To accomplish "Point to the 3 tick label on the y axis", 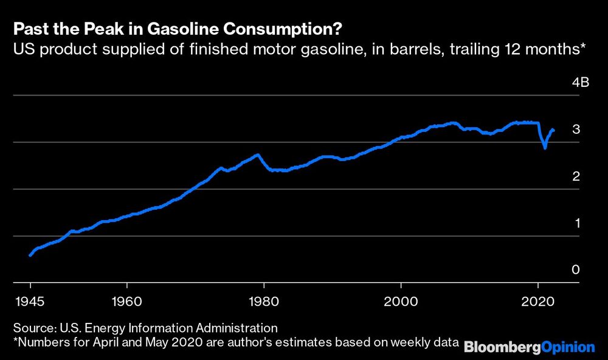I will pos(575,130).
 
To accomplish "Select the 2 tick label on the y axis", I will pos(575,176).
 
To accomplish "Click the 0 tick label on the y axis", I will pos(575,270).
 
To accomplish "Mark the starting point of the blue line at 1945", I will pos(30,255).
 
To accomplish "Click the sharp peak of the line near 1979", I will pos(258,154).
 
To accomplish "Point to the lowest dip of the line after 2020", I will pos(545,148).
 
